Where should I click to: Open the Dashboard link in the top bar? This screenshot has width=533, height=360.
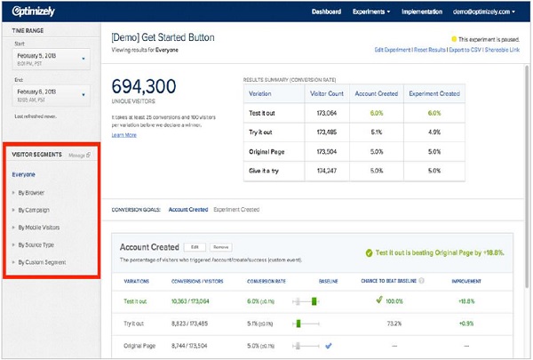[330, 12]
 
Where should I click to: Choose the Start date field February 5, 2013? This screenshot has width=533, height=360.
[50, 59]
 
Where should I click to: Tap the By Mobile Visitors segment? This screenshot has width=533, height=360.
[40, 227]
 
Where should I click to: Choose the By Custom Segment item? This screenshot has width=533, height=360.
[42, 262]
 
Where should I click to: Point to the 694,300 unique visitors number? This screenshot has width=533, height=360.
[147, 90]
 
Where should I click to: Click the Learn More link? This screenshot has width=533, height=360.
[124, 135]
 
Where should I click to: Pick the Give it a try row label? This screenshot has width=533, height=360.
[265, 167]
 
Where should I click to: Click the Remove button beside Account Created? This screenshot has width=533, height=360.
[221, 246]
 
